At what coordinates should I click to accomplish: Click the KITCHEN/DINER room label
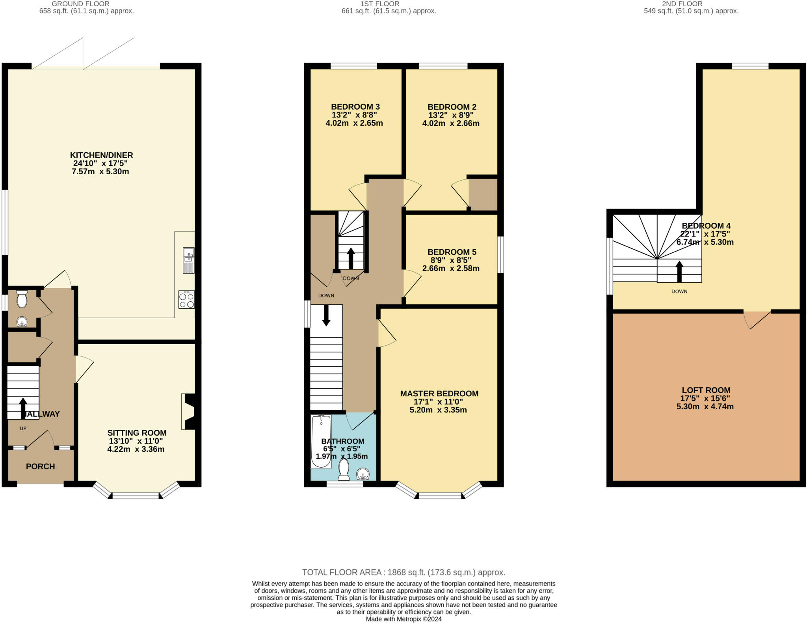point(101,155)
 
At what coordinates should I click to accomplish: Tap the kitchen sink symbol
point(188,260)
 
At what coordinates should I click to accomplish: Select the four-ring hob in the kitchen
point(186,300)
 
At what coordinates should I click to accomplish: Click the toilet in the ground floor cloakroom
point(22,300)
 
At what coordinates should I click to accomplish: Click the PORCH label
point(40,466)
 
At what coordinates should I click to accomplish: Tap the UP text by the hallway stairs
point(23,428)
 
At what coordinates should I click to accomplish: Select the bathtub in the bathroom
point(321,442)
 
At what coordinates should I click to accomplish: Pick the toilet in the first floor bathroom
point(344,469)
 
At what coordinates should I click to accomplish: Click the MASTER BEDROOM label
point(439,394)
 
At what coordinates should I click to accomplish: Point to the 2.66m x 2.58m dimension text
point(451,269)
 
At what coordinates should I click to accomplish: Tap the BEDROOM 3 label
point(355,107)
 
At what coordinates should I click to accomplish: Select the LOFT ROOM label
point(706,390)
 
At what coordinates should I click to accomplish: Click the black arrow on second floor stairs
point(679,272)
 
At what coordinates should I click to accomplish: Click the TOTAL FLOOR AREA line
point(403,572)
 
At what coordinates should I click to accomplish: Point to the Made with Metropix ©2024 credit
point(403,619)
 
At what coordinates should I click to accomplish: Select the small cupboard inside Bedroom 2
point(483,194)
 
